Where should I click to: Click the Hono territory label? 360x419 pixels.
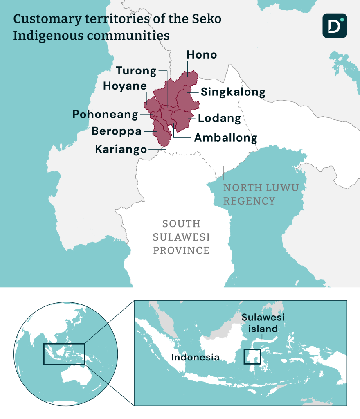[x=202, y=55]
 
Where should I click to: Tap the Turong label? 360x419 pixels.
[x=136, y=71]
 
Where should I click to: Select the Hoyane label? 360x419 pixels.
[x=125, y=86]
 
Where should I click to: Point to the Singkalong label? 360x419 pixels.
[x=233, y=92]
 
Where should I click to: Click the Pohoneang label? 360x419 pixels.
[x=105, y=115]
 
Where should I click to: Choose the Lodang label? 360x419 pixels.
[x=219, y=119]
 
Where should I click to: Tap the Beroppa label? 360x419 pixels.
[x=117, y=131]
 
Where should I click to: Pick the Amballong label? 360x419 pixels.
[x=225, y=138]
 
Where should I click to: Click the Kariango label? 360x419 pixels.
[x=121, y=149]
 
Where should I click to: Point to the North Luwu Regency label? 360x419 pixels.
[x=261, y=194]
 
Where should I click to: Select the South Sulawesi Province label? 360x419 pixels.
[x=181, y=237]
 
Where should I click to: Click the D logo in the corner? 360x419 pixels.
[x=334, y=25]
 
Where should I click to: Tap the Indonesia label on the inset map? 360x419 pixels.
[x=195, y=357]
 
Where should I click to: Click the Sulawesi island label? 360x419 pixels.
[x=263, y=323]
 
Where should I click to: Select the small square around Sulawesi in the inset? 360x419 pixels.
[x=252, y=356]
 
